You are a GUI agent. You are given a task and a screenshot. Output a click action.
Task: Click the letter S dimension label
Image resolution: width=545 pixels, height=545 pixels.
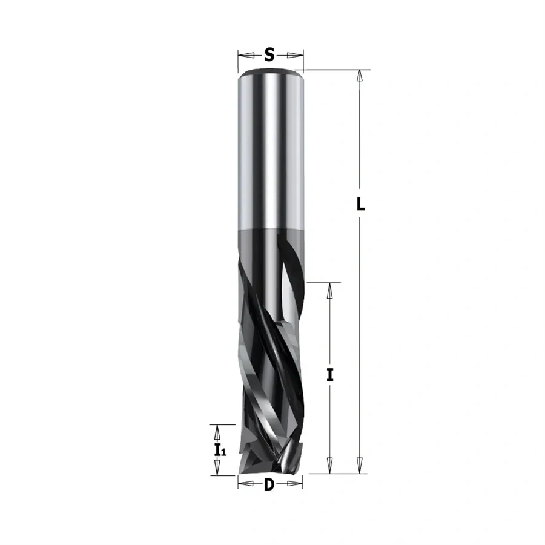pyautogui.click(x=269, y=55)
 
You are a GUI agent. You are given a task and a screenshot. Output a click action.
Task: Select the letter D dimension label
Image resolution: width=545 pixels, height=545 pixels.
pyautogui.click(x=269, y=484)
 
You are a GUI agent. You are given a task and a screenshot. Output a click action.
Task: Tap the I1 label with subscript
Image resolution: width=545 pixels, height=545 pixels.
pyautogui.click(x=220, y=450)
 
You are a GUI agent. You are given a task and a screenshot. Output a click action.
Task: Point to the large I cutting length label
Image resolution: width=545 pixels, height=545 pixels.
pyautogui.click(x=330, y=375)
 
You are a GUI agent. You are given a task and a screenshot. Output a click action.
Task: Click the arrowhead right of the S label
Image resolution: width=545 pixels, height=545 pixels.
pyautogui.click(x=295, y=55)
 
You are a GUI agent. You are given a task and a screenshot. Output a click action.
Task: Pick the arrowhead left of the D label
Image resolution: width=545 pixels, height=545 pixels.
pyautogui.click(x=246, y=484)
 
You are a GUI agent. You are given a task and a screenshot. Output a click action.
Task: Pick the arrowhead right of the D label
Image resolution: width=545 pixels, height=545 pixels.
pyautogui.click(x=294, y=484)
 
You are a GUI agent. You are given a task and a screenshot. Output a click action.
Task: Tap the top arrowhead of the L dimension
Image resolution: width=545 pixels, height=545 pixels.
pyautogui.click(x=360, y=77)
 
